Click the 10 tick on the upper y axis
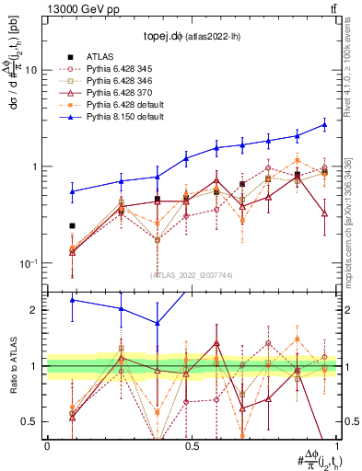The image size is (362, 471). pyautogui.click(x=32, y=70)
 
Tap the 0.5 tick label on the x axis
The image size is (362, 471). pyautogui.click(x=191, y=446)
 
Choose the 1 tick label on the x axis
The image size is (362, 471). pyautogui.click(x=336, y=446)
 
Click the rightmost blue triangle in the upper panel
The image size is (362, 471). pyautogui.click(x=324, y=125)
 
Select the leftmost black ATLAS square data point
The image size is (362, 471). pyautogui.click(x=72, y=225)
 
